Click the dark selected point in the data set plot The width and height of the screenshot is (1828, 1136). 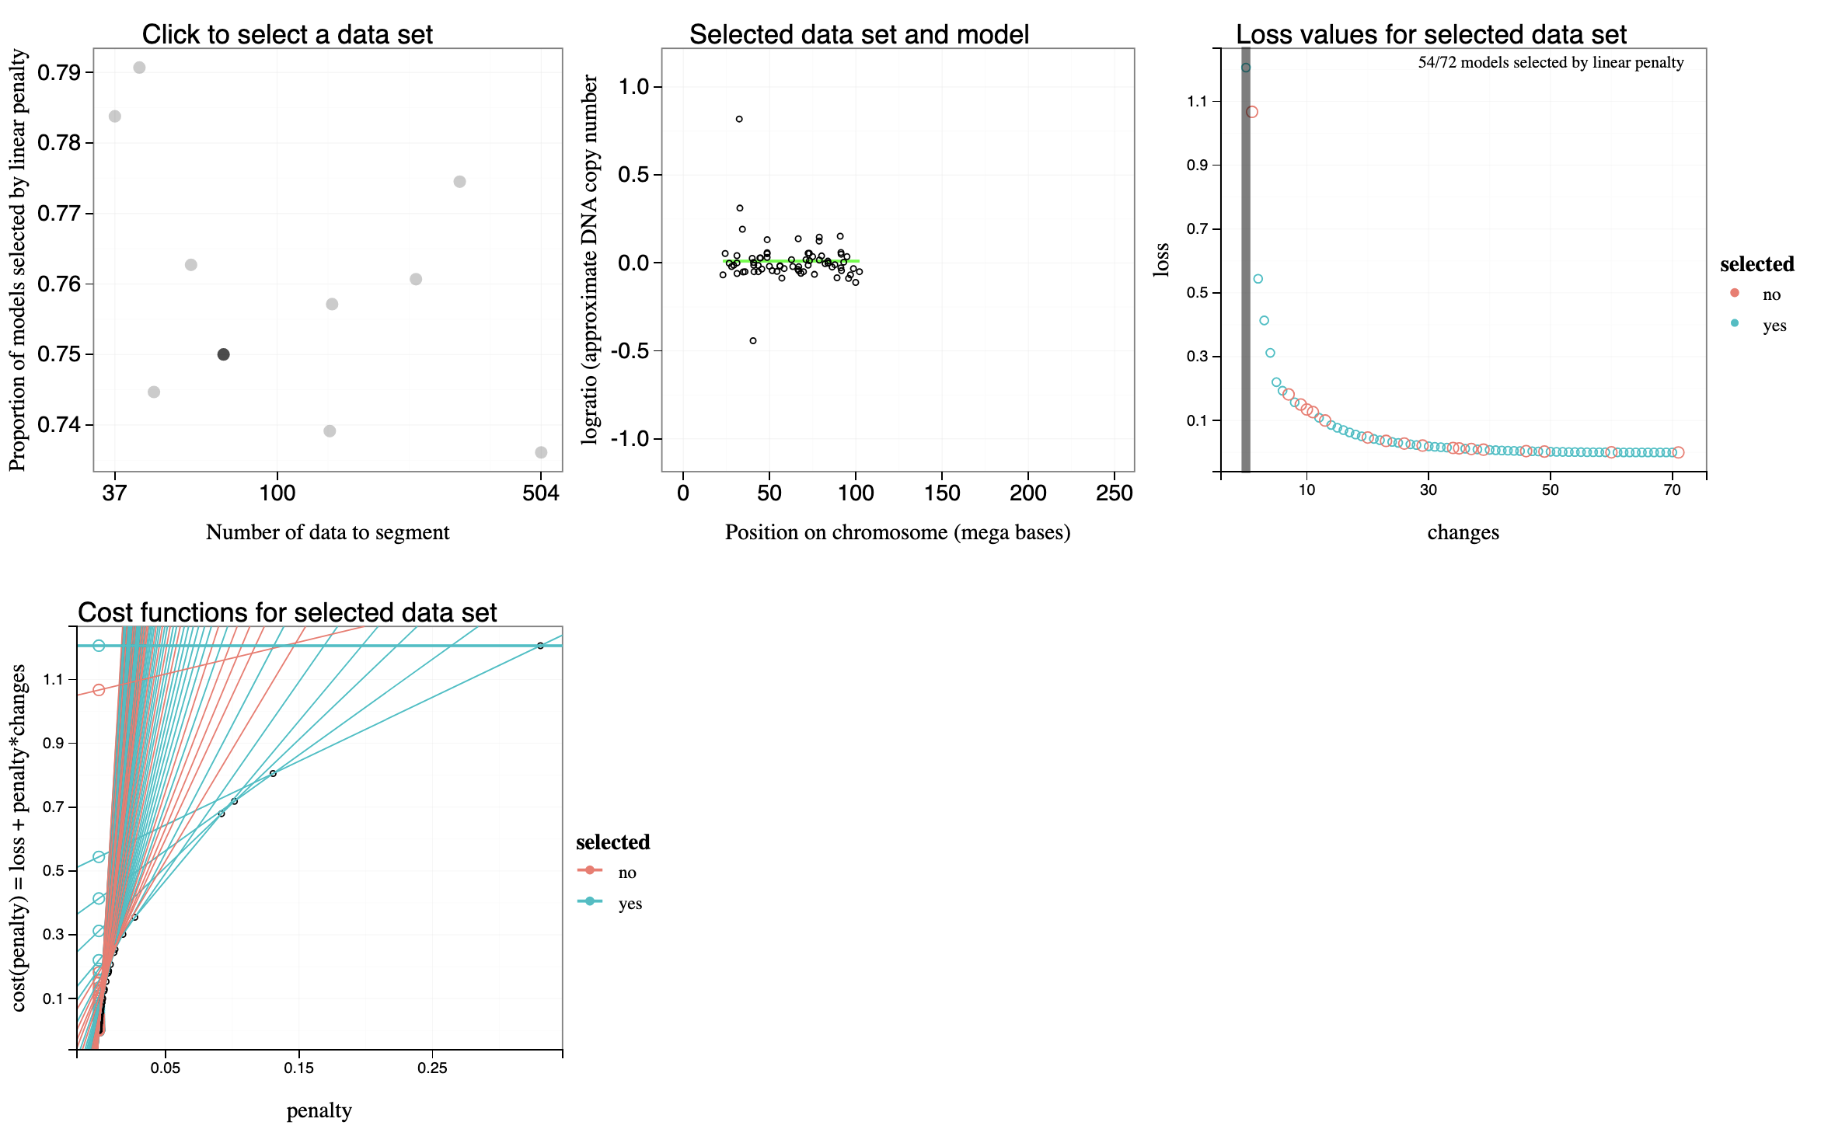tap(223, 354)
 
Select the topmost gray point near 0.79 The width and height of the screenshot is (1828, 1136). tap(139, 68)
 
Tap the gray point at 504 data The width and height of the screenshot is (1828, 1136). tap(541, 452)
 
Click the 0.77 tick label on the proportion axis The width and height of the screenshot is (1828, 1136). tap(59, 213)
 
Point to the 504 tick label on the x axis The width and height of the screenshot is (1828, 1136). tap(541, 493)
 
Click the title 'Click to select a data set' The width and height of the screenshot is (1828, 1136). tap(287, 34)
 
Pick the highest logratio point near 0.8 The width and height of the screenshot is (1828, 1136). tap(739, 119)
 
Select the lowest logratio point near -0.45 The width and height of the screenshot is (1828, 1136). tap(753, 340)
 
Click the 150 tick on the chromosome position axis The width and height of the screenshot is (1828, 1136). tap(942, 493)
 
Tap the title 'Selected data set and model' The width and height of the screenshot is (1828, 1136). tap(859, 34)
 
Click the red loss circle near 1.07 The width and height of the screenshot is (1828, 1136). tap(1252, 112)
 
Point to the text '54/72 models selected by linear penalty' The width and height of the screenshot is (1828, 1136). tap(1551, 63)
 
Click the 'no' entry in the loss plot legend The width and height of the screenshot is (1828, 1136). tap(1771, 294)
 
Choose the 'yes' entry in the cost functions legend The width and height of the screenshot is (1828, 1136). tap(630, 904)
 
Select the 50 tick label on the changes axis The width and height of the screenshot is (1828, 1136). tap(1550, 490)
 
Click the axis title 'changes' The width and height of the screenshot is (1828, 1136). tap(1463, 533)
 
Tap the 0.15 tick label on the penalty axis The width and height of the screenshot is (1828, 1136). tap(298, 1068)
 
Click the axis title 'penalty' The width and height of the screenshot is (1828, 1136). tap(319, 1111)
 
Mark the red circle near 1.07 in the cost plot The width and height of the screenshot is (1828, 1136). tap(99, 690)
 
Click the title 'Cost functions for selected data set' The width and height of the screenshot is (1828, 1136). tap(287, 612)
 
